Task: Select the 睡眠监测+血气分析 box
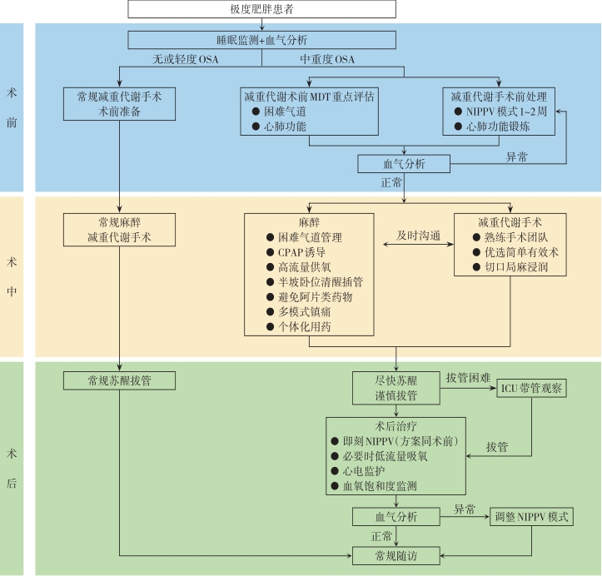click(262, 39)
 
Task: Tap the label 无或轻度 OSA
click(185, 59)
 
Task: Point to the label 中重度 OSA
click(327, 59)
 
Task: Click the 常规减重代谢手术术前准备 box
click(119, 103)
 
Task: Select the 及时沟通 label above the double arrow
click(419, 236)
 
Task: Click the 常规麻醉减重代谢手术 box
click(119, 230)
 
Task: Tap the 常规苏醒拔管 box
click(119, 380)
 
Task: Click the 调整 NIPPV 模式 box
click(533, 516)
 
